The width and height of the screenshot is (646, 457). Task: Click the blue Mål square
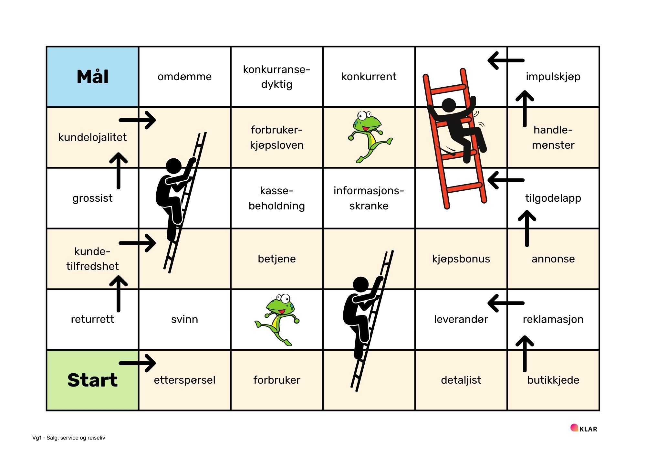(x=92, y=77)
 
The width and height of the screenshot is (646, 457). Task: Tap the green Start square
(x=92, y=380)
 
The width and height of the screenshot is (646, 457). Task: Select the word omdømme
(x=184, y=77)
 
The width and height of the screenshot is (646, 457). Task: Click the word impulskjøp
(x=553, y=77)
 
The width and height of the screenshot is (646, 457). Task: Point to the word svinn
(x=184, y=319)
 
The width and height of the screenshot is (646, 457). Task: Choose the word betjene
(x=276, y=259)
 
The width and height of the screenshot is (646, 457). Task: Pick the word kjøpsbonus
(x=461, y=259)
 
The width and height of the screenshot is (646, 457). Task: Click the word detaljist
(x=461, y=380)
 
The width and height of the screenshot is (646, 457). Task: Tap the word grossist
(x=92, y=198)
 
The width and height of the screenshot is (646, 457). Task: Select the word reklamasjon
(x=553, y=319)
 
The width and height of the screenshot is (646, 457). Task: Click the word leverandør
(x=461, y=319)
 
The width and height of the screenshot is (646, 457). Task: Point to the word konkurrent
(x=369, y=77)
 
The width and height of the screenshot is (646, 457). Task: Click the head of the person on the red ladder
(x=449, y=105)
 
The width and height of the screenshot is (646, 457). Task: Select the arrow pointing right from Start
(x=138, y=363)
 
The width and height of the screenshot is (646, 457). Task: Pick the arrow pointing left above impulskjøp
(x=506, y=60)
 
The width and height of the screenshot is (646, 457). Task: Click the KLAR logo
(x=584, y=429)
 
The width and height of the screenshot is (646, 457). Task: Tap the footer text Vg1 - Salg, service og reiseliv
(x=69, y=438)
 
